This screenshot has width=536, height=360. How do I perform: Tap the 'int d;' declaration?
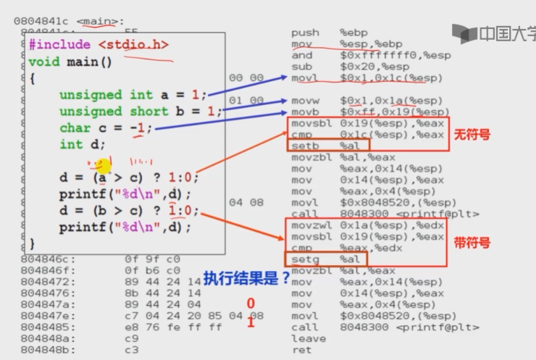tap(81, 144)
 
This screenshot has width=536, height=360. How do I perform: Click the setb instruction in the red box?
tap(302, 145)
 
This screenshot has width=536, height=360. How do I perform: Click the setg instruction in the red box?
tap(302, 259)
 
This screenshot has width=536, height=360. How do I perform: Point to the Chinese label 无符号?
tap(467, 135)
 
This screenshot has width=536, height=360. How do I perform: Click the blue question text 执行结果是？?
tap(246, 277)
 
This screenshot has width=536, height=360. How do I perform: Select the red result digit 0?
tap(250, 304)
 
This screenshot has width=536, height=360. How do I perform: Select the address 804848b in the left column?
tap(43, 350)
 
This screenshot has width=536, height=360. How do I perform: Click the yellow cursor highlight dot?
tap(103, 167)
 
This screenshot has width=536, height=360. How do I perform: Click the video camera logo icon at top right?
tap(463, 33)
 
